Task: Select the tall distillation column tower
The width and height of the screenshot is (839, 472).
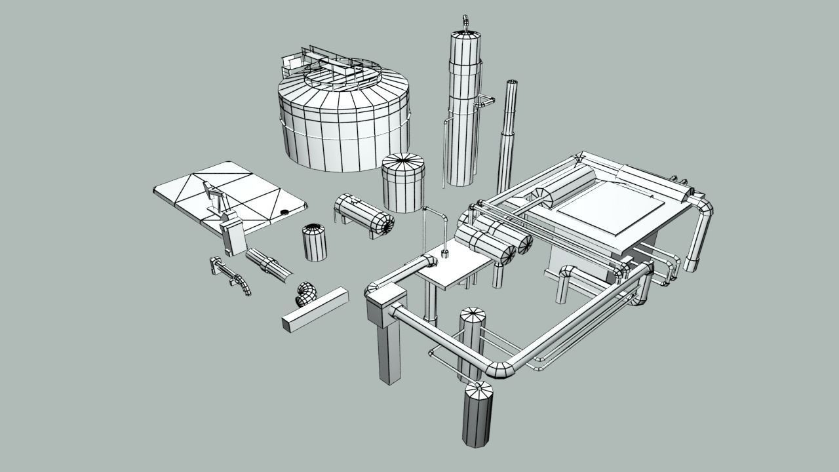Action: (x=464, y=111)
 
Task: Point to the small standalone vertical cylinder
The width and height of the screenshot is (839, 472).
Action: (x=315, y=243)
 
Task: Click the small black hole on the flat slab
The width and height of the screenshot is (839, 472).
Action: (x=284, y=212)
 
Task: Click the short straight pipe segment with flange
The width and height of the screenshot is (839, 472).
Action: (x=269, y=265)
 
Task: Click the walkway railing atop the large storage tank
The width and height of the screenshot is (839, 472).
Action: (x=334, y=69)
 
